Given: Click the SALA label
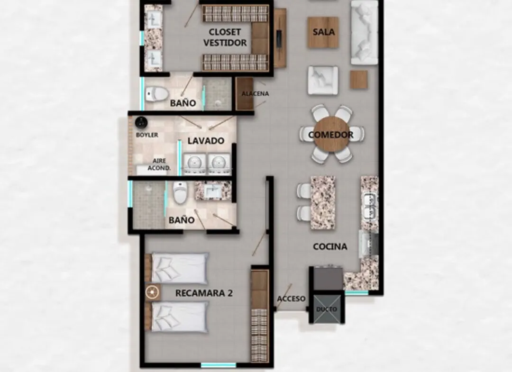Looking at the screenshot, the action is pyautogui.click(x=323, y=32).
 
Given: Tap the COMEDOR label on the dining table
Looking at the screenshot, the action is pyautogui.click(x=330, y=135).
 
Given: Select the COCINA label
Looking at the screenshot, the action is pyautogui.click(x=330, y=246).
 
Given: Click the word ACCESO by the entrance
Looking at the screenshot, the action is pyautogui.click(x=291, y=299).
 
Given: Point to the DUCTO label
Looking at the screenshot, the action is pyautogui.click(x=327, y=309).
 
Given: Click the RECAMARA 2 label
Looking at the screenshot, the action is pyautogui.click(x=204, y=293).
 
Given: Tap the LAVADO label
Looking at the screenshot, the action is pyautogui.click(x=206, y=141).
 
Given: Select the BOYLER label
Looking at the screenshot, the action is pyautogui.click(x=147, y=135).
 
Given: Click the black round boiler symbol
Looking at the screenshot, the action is pyautogui.click(x=141, y=123).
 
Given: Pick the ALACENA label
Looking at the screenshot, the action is pyautogui.click(x=256, y=94).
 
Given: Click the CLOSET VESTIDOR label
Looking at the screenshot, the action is pyautogui.click(x=225, y=37).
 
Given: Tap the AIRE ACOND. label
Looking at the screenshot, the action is pyautogui.click(x=159, y=164).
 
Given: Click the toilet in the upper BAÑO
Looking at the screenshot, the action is pyautogui.click(x=156, y=94).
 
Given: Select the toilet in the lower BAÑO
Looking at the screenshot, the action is pyautogui.click(x=180, y=192).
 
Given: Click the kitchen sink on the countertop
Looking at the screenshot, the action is pyautogui.click(x=369, y=206).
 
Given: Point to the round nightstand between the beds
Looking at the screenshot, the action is pyautogui.click(x=152, y=292).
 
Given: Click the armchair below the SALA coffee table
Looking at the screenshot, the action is pyautogui.click(x=323, y=80).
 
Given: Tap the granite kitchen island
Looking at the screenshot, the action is pyautogui.click(x=323, y=202).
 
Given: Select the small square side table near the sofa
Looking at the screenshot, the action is pyautogui.click(x=359, y=80).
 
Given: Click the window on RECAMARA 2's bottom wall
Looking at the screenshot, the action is pyautogui.click(x=218, y=365).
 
